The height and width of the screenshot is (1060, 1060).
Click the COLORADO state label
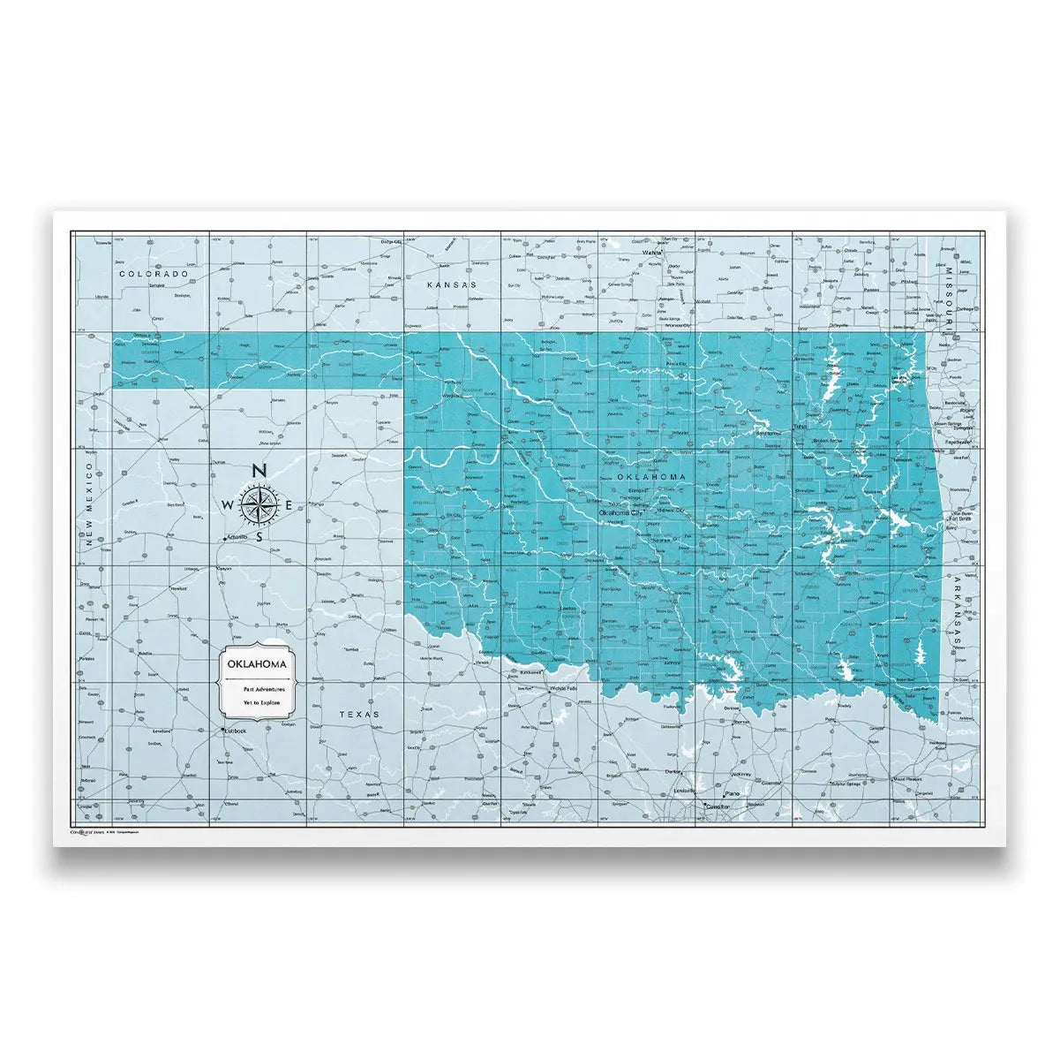point(154,275)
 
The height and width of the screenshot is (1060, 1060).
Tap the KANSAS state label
point(451,285)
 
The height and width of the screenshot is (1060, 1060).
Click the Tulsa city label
point(800,428)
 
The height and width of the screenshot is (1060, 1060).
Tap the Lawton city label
point(567,609)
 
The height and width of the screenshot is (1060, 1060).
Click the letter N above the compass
point(259,472)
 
